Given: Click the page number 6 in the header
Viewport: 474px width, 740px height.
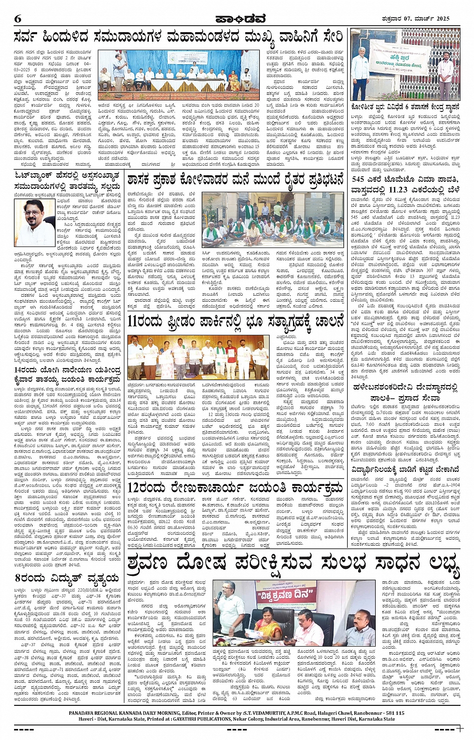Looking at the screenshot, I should coord(18,19).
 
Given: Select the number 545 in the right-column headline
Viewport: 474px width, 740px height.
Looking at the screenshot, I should coord(358,179).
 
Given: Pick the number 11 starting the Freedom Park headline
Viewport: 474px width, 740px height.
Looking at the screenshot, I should coord(134,320).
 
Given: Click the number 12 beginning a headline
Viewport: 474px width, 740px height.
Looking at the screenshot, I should coord(135,487).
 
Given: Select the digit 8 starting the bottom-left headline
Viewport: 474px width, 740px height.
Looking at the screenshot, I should coord(18,577).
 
